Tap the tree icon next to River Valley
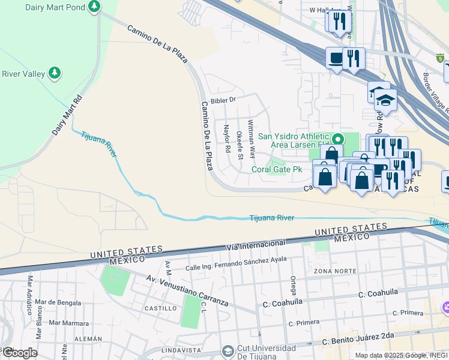(55, 73)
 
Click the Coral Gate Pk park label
(277, 170)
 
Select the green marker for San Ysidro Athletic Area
(337, 137)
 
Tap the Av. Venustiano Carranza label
(188, 290)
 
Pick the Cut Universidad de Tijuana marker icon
(228, 350)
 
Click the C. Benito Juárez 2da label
(357, 338)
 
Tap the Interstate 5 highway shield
(441, 58)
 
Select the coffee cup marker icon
(336, 58)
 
